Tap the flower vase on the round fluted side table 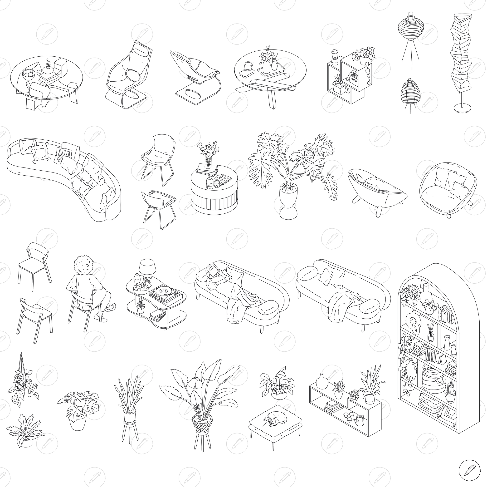[x=208, y=163]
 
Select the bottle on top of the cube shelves [x=335, y=57]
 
